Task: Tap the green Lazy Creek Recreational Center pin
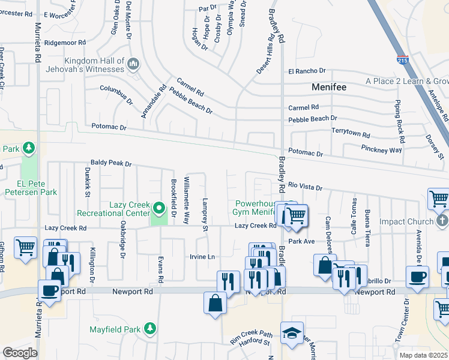159,209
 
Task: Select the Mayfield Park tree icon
149,329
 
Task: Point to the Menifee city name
330,87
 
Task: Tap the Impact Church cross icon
442,221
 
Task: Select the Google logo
20,353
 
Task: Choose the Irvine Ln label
203,257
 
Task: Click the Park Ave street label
301,241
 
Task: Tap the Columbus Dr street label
116,95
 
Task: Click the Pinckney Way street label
381,149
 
